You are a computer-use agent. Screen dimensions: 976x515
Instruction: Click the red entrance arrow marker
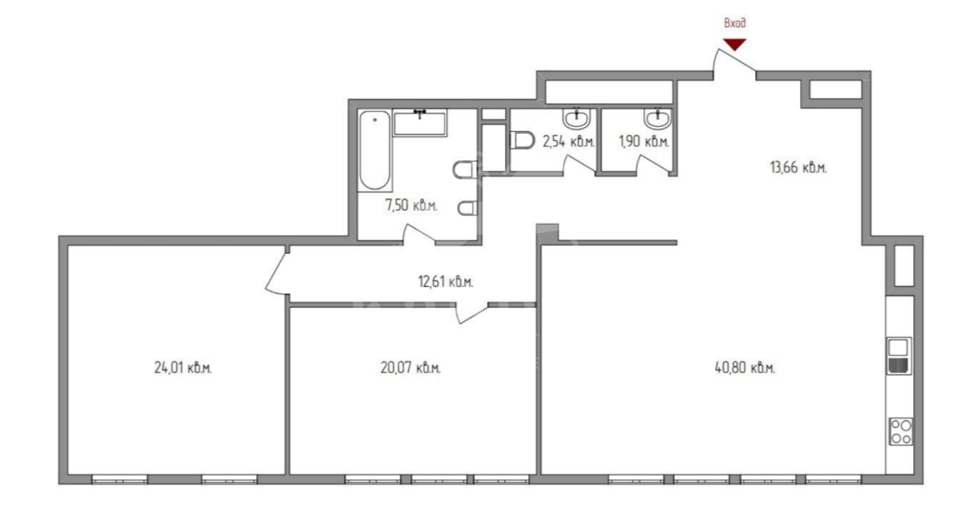pyautogui.click(x=735, y=45)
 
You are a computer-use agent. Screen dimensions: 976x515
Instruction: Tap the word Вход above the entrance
pyautogui.click(x=735, y=24)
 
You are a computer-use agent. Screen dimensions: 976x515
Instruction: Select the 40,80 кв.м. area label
pyautogui.click(x=745, y=368)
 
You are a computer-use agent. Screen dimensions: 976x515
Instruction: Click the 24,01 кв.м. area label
pyautogui.click(x=183, y=368)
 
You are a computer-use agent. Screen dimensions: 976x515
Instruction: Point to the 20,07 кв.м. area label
pyautogui.click(x=410, y=368)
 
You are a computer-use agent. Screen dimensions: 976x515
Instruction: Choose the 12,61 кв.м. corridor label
pyautogui.click(x=445, y=282)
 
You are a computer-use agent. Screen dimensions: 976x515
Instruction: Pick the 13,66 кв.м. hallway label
pyautogui.click(x=799, y=168)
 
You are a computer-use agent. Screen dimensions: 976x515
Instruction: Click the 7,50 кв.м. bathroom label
pyautogui.click(x=411, y=205)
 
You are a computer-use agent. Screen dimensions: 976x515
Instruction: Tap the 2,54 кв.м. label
pyautogui.click(x=569, y=141)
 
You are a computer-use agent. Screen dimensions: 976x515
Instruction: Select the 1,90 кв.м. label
pyautogui.click(x=643, y=141)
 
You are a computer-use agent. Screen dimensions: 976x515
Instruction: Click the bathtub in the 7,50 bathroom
pyautogui.click(x=375, y=150)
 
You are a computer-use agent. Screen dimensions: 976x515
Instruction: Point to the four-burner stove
pyautogui.click(x=901, y=431)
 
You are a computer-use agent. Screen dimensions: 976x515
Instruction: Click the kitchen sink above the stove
pyautogui.click(x=900, y=356)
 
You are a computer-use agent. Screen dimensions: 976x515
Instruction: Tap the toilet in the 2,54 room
pyautogui.click(x=522, y=140)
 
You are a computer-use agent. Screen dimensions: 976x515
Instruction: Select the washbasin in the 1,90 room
pyautogui.click(x=658, y=118)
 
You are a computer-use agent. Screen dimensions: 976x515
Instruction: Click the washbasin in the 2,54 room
pyautogui.click(x=576, y=118)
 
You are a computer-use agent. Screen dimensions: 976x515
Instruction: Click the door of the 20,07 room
pyautogui.click(x=473, y=313)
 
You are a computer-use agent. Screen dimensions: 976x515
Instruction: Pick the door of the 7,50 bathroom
pyautogui.click(x=419, y=234)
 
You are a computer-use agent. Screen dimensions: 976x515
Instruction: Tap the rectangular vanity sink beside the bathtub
pyautogui.click(x=420, y=123)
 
